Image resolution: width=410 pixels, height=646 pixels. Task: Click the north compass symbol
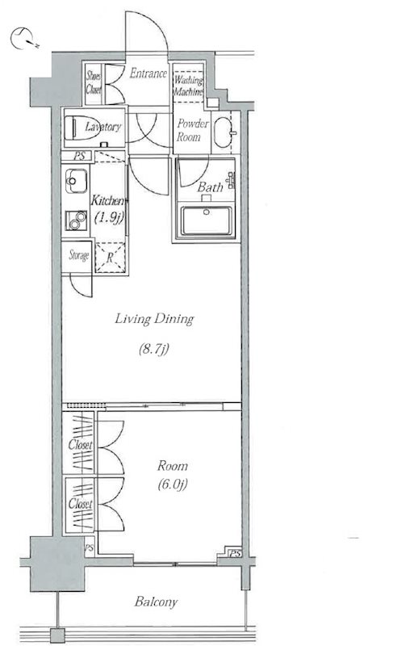point(23,39)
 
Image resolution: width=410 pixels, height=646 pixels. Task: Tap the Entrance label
point(149,73)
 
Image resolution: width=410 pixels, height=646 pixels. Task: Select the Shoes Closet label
point(94,83)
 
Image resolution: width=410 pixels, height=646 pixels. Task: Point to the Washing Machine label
point(189,86)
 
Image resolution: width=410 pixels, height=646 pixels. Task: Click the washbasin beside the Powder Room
point(224,132)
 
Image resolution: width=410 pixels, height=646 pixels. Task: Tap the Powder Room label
point(193,130)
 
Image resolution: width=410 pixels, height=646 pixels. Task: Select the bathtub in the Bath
point(207,220)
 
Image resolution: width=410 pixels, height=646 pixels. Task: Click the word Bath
point(210,187)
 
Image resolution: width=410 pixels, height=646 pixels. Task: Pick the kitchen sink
point(76,181)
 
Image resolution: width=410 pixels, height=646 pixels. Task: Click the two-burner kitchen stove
point(76,220)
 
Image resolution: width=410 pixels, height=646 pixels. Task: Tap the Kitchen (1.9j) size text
point(109,217)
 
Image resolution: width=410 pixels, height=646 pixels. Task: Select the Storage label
point(78,255)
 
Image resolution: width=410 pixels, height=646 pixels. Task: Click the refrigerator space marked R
point(110,258)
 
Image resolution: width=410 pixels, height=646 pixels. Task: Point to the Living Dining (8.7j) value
point(154,350)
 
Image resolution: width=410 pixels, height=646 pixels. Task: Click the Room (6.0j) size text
point(173,484)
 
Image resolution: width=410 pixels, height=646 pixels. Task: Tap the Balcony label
point(156,602)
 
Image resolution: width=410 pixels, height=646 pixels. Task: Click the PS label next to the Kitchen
point(80,156)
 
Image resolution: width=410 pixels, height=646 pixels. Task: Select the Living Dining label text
point(154,319)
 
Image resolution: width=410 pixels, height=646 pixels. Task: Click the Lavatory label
point(103,127)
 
